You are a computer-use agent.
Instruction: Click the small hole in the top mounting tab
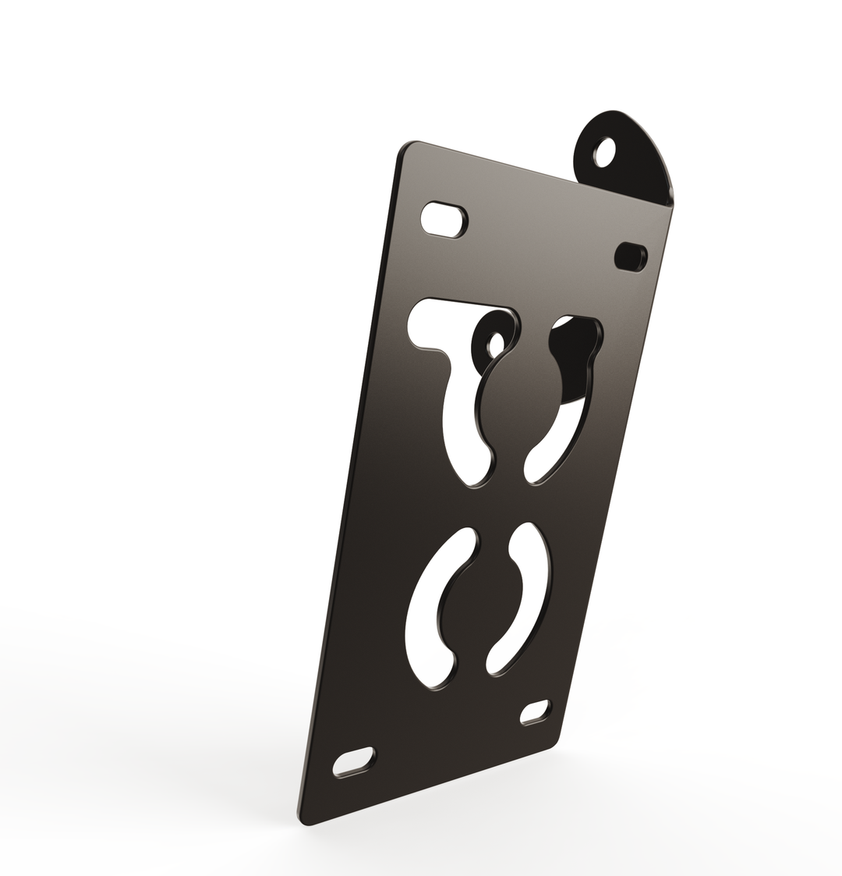pos(605,152)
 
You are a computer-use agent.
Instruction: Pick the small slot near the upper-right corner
pos(630,256)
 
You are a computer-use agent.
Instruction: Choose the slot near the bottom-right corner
pos(535,711)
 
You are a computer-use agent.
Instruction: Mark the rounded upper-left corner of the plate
pos(408,150)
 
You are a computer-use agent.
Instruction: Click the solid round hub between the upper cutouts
pos(518,406)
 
